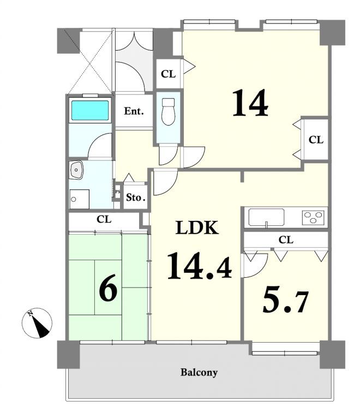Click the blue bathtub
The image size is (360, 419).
[x=90, y=110]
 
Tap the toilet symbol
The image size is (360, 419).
[x=168, y=111]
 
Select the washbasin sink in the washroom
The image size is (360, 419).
[x=77, y=170]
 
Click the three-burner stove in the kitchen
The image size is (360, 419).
[x=313, y=217]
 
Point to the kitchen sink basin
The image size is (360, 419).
[x=266, y=217]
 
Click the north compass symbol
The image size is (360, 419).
[x=37, y=323]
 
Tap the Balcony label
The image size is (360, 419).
[x=199, y=372]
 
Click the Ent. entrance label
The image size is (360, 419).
[x=134, y=111]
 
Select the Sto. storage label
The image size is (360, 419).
[x=136, y=197]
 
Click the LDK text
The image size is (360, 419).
[x=197, y=228]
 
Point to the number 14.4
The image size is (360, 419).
[x=199, y=266]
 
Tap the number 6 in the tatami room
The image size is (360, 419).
[x=108, y=291]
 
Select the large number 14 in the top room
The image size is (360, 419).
[x=250, y=103]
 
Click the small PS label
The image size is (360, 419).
[x=118, y=191]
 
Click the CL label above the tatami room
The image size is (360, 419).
[x=104, y=219]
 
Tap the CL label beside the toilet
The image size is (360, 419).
[x=168, y=74]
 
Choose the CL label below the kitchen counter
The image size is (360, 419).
[x=286, y=240]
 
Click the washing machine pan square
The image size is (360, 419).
[x=79, y=199]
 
